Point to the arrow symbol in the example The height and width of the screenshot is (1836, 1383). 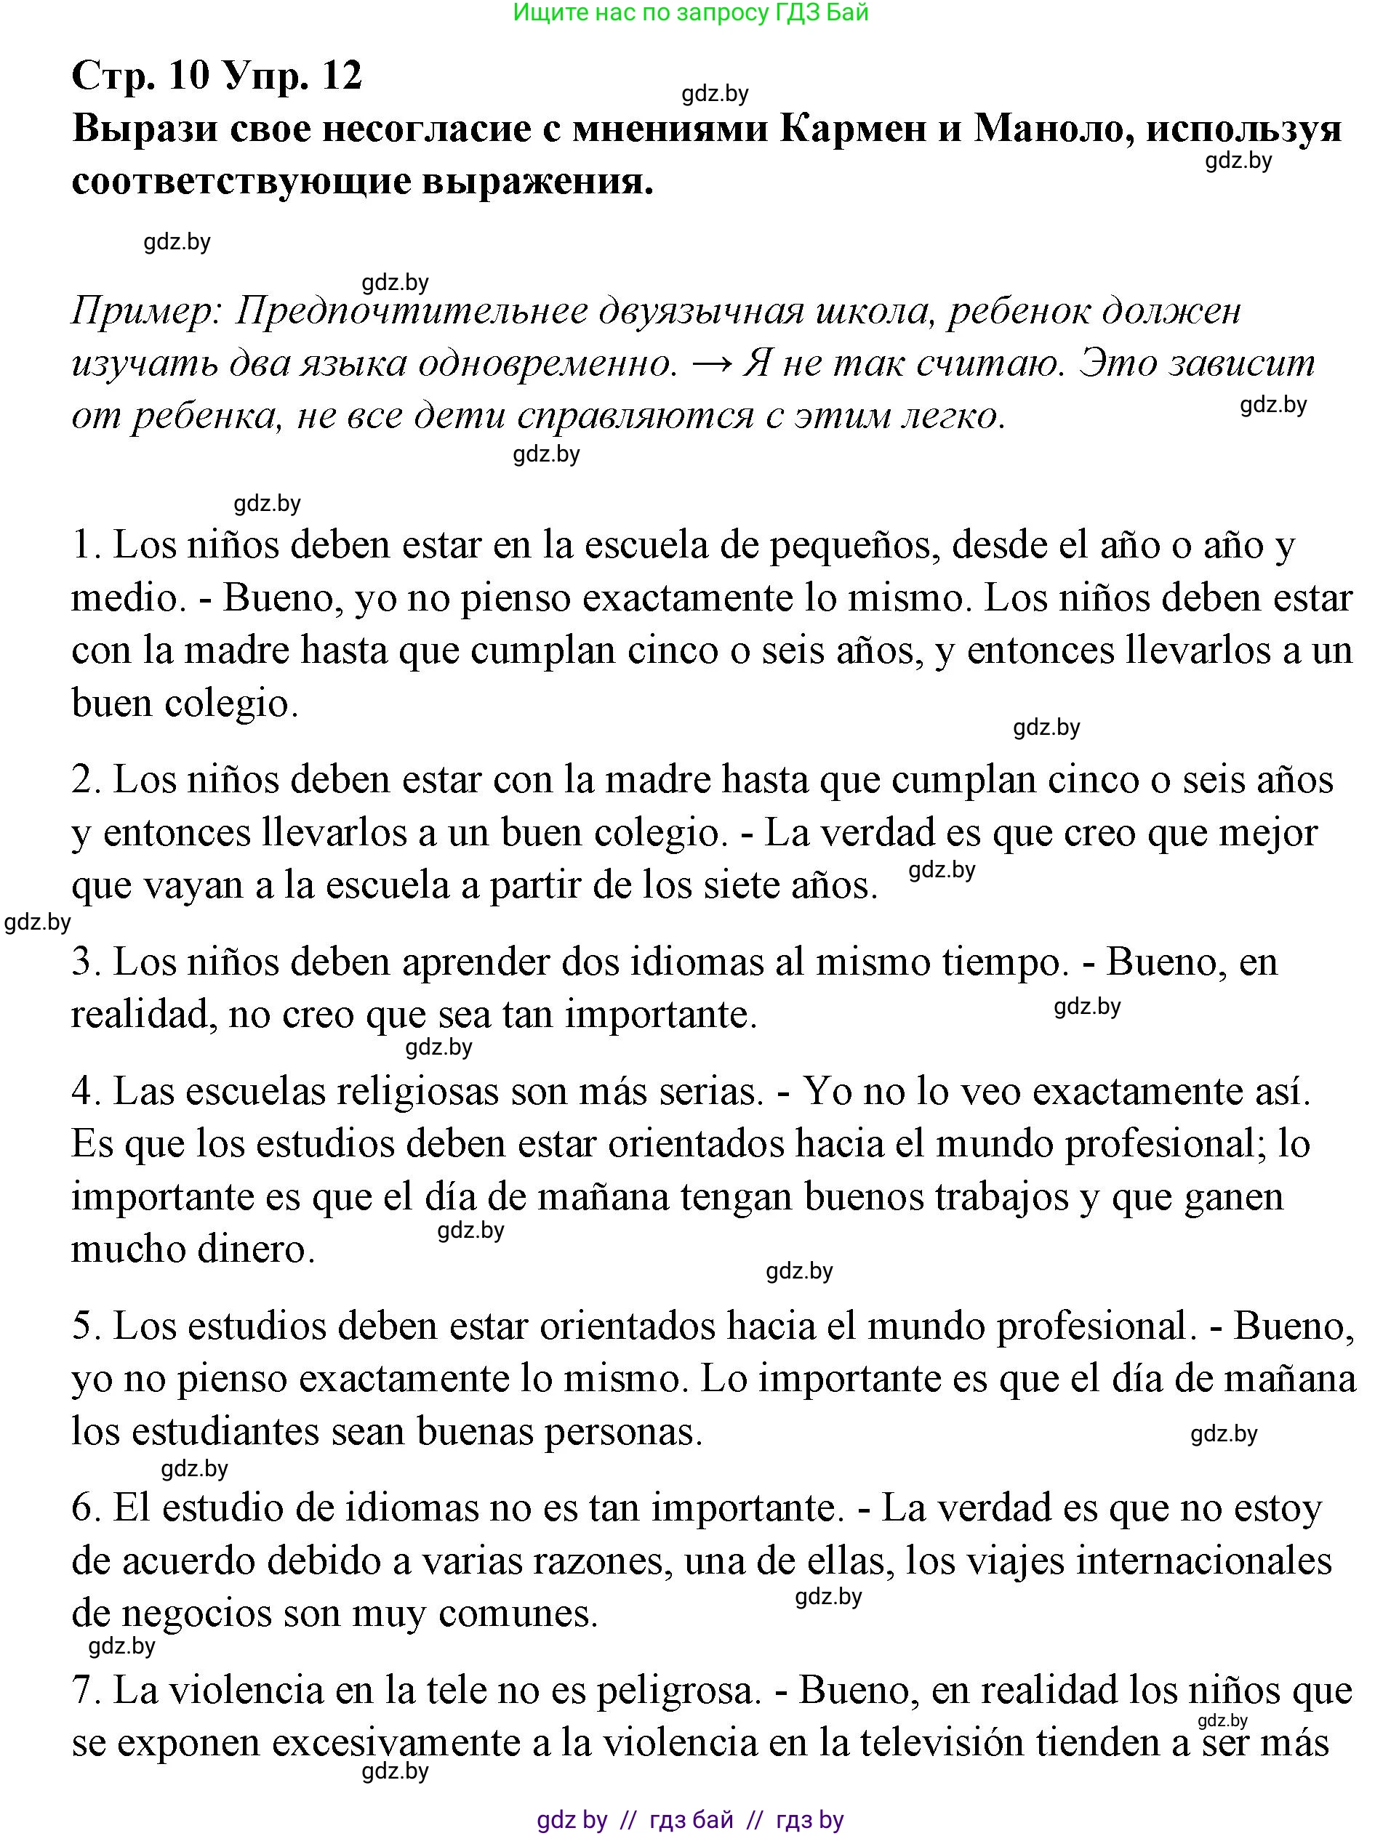click(710, 363)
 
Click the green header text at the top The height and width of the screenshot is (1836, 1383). click(691, 12)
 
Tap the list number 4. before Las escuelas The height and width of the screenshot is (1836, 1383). click(86, 1092)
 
